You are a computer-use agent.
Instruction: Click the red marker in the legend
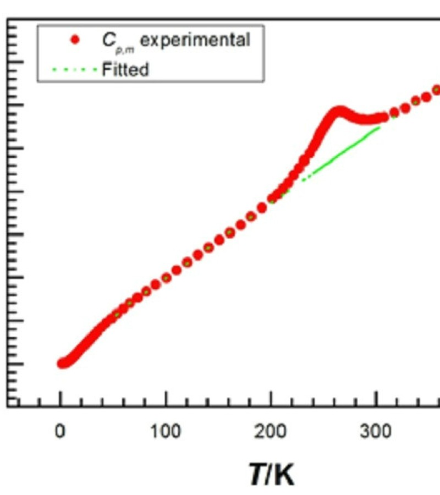tap(76, 40)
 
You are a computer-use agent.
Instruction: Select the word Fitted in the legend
tap(125, 70)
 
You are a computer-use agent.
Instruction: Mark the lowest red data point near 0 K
tap(62, 363)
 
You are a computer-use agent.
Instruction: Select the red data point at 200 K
tap(272, 199)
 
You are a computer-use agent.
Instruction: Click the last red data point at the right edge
tap(437, 90)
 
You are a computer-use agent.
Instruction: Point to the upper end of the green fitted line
tap(379, 128)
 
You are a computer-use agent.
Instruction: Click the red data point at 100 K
tap(166, 278)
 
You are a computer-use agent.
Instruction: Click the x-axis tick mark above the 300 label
tap(376, 403)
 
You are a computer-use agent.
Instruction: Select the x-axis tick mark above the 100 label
tap(166, 403)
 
